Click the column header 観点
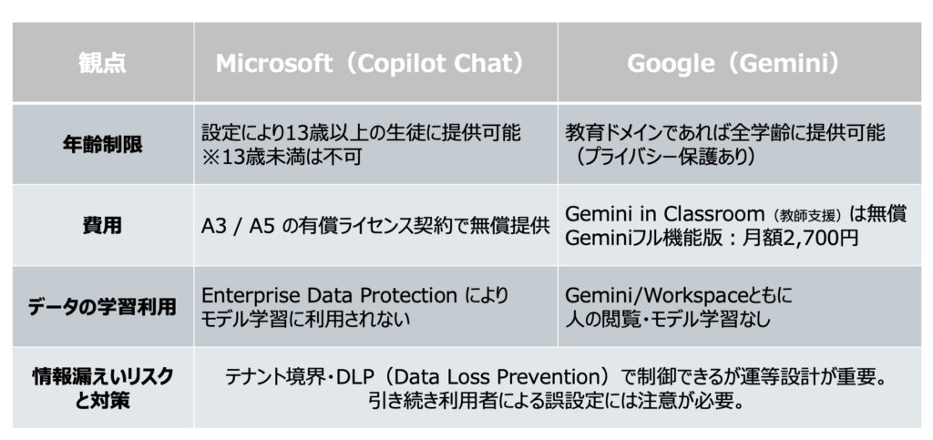[x=102, y=65]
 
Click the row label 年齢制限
[x=102, y=144]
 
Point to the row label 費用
[x=102, y=225]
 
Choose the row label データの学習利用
[x=102, y=306]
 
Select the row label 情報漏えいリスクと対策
[x=102, y=387]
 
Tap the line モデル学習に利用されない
[x=304, y=319]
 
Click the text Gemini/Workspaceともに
[x=680, y=295]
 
